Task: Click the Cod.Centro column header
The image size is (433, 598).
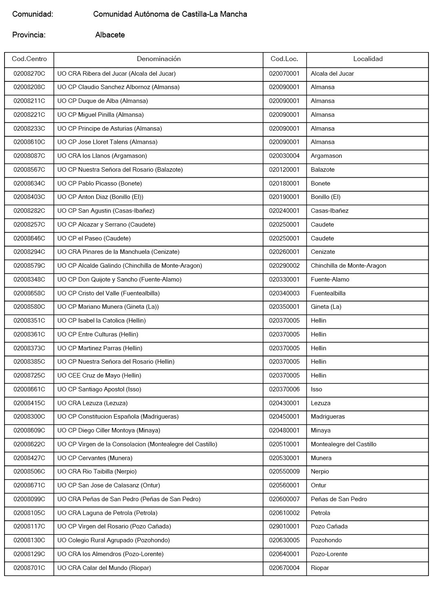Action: point(29,59)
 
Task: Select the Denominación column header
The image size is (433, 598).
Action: point(158,59)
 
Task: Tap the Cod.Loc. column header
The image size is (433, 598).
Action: point(284,59)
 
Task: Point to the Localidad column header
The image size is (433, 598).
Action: point(368,59)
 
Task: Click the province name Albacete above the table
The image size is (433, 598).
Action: point(110,35)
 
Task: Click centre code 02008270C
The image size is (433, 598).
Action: point(29,74)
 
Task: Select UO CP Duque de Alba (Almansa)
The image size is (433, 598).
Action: point(103,101)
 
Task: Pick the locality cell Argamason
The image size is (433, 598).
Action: point(326,156)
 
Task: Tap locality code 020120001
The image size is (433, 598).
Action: point(284,170)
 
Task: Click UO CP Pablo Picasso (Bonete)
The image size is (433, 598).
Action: point(100,183)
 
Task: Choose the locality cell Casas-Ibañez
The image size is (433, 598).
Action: point(330,211)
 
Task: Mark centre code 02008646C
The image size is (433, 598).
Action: point(29,238)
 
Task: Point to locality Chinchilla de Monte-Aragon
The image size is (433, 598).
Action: point(348,266)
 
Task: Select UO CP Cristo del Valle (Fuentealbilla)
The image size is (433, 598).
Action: point(108,293)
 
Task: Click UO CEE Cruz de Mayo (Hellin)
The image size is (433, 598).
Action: point(99,375)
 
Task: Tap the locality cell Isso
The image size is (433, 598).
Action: point(317,389)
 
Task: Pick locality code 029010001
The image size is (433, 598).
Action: point(284,526)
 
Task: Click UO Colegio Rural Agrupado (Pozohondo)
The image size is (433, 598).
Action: point(114,540)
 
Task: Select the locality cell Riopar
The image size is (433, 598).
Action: point(320,568)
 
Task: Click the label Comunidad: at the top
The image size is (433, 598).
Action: point(33,14)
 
